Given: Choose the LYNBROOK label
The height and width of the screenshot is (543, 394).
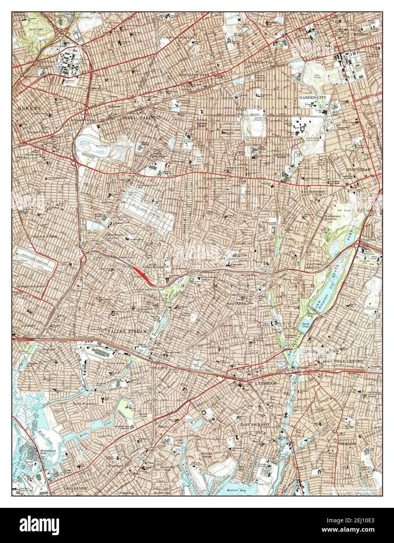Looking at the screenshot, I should click(x=266, y=384).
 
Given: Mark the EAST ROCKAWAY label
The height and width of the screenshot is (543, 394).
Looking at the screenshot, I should click(x=255, y=424).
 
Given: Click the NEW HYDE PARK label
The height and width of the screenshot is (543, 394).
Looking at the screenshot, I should click(x=194, y=74).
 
